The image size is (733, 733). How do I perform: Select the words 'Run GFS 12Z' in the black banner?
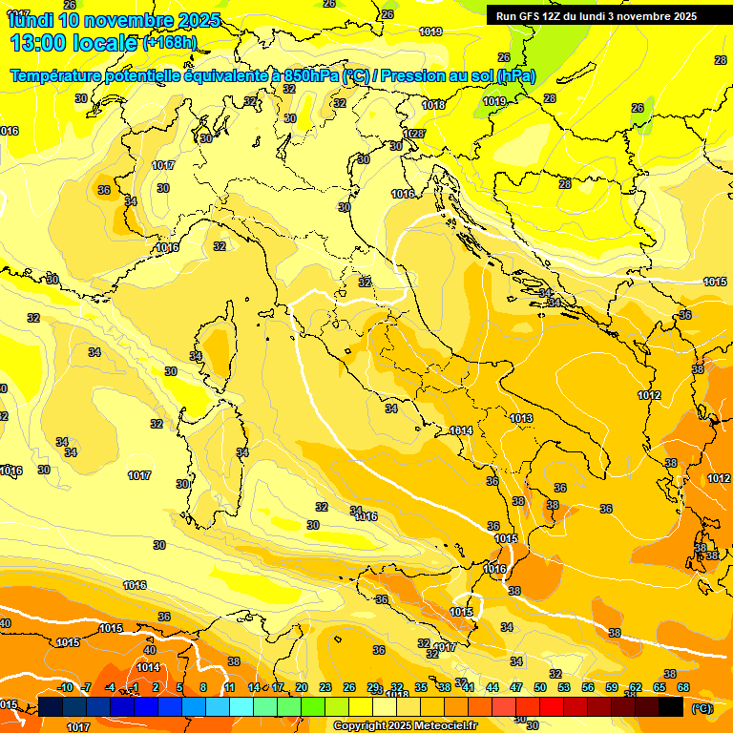(529, 16)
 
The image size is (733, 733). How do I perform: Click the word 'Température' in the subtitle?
(56, 75)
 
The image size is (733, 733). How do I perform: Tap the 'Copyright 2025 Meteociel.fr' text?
(405, 726)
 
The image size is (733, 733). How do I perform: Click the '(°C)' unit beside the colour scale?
(701, 708)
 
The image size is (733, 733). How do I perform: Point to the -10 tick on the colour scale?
(65, 687)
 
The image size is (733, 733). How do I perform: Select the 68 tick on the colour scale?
(683, 687)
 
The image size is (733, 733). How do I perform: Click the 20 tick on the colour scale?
(301, 687)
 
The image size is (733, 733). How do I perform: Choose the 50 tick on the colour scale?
(539, 687)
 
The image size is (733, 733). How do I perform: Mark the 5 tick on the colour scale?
(179, 687)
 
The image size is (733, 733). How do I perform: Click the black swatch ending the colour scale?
(671, 706)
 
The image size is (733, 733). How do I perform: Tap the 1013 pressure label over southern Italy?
(520, 419)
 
